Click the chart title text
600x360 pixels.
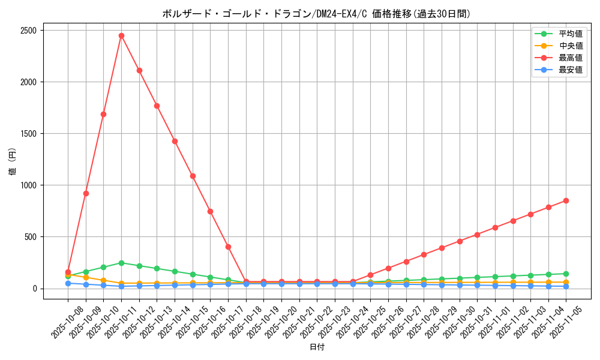click(x=316, y=14)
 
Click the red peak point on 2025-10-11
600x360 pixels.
click(x=121, y=35)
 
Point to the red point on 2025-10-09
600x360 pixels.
click(x=86, y=193)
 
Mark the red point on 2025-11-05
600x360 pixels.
click(x=566, y=200)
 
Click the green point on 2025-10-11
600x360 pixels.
click(x=121, y=263)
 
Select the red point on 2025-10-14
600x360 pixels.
click(x=175, y=141)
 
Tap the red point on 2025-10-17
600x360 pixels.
click(x=228, y=247)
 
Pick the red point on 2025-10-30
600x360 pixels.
click(x=460, y=241)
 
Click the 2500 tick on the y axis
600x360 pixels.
click(x=28, y=31)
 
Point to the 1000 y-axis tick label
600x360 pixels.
click(x=28, y=185)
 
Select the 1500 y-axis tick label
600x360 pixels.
click(x=28, y=134)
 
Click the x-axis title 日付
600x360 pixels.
click(x=317, y=347)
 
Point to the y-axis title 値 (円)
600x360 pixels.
click(x=12, y=163)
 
